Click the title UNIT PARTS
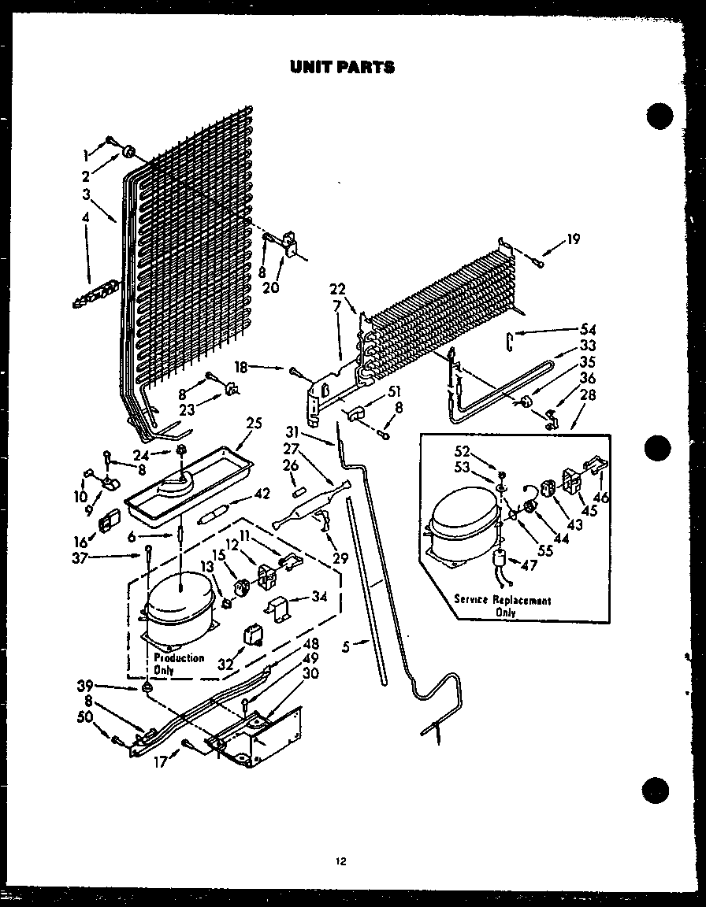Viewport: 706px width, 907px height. [342, 67]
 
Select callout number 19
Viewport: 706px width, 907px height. [574, 239]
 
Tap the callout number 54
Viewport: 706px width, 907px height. [588, 329]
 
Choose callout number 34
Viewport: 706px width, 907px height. [318, 597]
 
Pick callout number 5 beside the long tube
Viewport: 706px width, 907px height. [346, 647]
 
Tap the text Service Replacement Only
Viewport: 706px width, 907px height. [502, 605]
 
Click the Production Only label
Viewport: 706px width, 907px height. [178, 663]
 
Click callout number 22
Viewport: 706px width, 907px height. [337, 290]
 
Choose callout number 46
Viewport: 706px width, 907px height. [604, 498]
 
